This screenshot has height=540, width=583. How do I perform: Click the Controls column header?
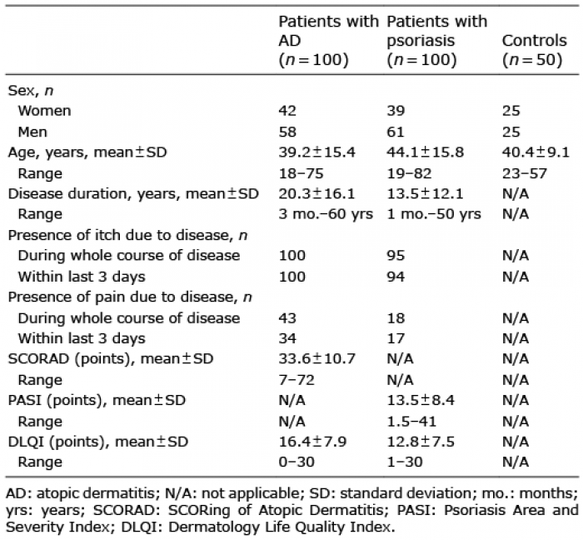point(535,50)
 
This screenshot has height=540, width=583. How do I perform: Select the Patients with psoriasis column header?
point(437,41)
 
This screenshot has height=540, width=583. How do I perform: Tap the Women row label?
point(44,111)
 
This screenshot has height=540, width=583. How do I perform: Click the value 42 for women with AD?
point(287,111)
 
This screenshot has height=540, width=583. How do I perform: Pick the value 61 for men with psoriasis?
point(396,132)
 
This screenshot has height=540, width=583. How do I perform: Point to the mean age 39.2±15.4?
point(316,152)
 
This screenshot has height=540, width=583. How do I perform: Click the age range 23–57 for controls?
point(524,173)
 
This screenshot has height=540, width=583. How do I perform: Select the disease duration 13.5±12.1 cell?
point(425,194)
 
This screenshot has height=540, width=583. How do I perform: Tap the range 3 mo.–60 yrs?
point(326,214)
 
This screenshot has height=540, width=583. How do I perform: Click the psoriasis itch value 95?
point(396,256)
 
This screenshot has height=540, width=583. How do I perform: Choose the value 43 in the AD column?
point(287,318)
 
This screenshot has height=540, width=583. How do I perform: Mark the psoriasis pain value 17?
point(396,338)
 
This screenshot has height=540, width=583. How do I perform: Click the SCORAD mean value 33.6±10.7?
point(317,359)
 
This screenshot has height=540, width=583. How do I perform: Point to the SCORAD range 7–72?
point(296,380)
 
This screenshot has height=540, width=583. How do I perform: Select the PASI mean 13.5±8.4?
point(421,401)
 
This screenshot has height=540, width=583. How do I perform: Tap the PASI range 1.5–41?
point(411,422)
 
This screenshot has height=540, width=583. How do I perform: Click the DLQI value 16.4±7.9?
point(312,442)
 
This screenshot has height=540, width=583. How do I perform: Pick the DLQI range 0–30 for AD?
point(296,462)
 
